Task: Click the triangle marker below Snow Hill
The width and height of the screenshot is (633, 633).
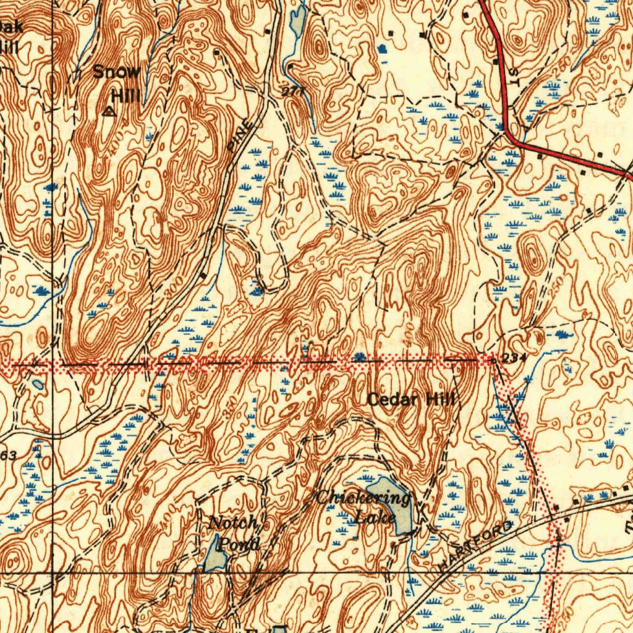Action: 109,112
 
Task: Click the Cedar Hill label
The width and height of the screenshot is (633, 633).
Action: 410,400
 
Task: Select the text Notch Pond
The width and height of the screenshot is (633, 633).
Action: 234,533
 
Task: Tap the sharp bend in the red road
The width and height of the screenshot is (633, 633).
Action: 508,132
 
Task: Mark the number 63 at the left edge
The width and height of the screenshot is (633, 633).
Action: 9,456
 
